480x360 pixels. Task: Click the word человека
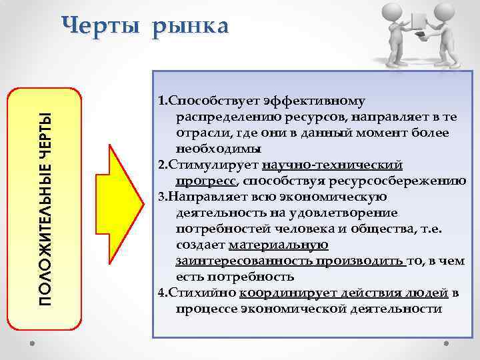tap(319, 229)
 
